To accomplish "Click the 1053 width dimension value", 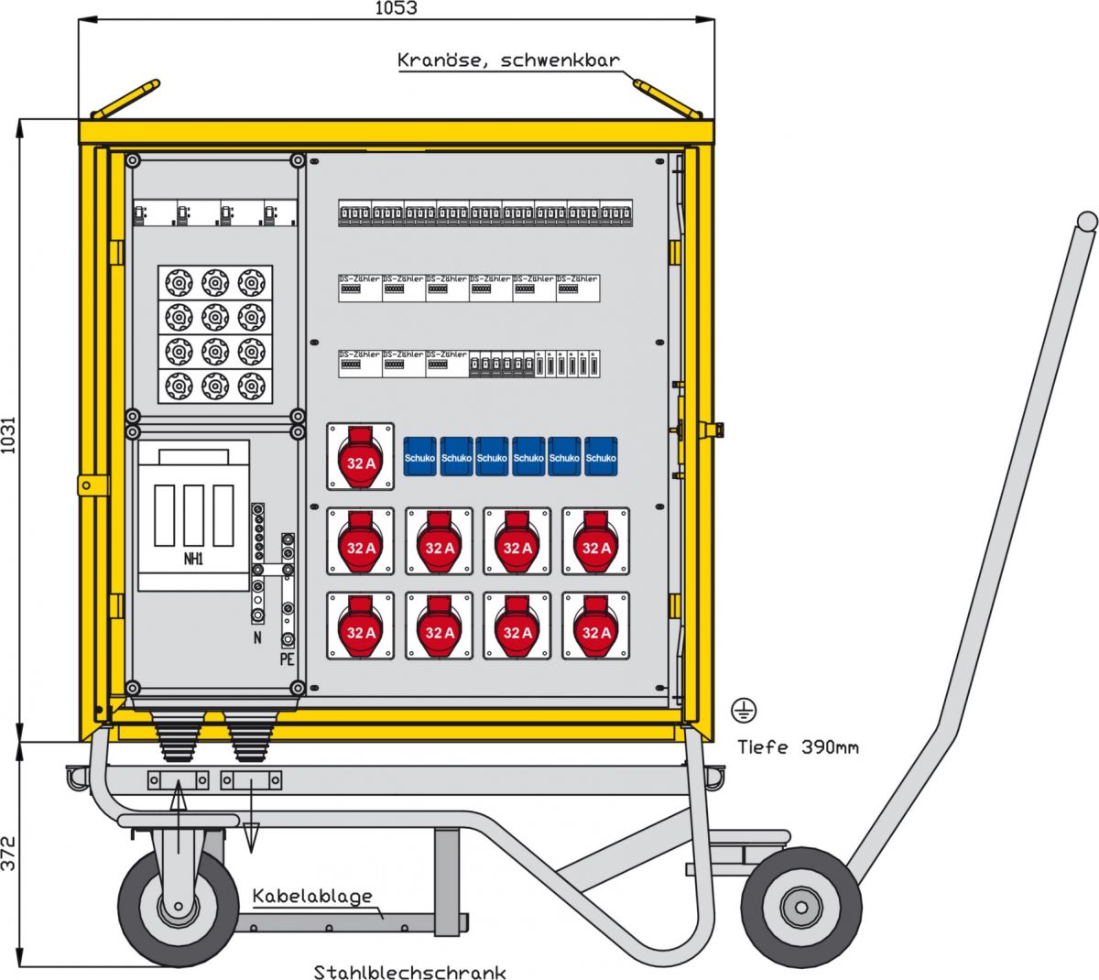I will tap(396, 8).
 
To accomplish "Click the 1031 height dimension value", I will tap(8, 430).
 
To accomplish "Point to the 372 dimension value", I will tap(8, 853).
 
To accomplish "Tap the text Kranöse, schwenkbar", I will tap(508, 60).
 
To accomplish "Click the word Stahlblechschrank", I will tap(409, 972).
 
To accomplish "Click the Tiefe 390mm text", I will tap(798, 746).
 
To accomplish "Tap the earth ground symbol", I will tap(743, 707).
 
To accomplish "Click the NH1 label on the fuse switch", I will tap(193, 558).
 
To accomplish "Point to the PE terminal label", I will tap(288, 659).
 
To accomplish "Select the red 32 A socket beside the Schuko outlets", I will tap(361, 456).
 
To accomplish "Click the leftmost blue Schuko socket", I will tap(419, 456).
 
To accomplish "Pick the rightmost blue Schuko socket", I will tap(601, 456).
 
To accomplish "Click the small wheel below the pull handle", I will tap(800, 908).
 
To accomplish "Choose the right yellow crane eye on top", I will tap(668, 99).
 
